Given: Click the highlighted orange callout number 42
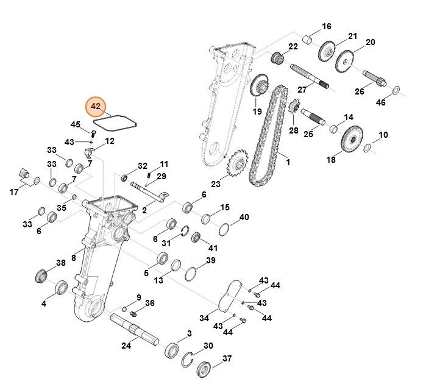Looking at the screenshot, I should point(96,106).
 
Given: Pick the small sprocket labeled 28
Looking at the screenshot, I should point(293,108).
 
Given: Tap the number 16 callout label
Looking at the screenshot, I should point(327,26).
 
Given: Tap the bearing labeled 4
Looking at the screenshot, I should point(62,288).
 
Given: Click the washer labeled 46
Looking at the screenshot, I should point(396,91).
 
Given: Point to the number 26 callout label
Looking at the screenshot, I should point(360,91).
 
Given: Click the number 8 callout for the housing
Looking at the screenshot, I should point(73,258).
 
